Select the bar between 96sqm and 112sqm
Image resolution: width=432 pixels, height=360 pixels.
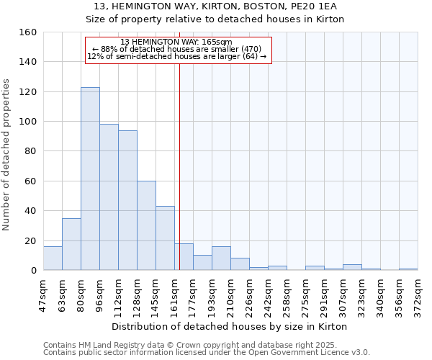(109, 197)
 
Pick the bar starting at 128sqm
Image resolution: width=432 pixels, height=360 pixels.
(146, 225)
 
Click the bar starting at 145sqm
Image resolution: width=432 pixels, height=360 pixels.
(165, 238)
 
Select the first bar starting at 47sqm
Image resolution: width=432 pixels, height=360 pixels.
(53, 258)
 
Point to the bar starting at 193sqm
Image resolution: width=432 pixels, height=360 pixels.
(221, 258)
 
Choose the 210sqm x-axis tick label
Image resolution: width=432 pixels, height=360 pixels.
(230, 295)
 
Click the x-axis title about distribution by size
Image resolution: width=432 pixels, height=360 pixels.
(230, 326)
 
